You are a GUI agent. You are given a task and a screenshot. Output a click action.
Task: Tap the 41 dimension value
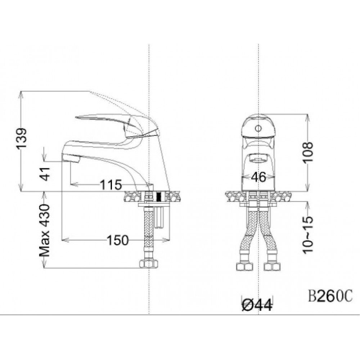45,174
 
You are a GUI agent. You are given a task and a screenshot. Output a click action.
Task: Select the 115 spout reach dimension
111,185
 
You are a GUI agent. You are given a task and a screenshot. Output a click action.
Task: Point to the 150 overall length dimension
118,240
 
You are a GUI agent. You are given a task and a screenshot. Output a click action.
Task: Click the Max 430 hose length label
44,230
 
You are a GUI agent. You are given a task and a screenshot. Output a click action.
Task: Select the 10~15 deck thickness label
308,235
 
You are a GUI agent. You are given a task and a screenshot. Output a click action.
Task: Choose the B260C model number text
330,297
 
